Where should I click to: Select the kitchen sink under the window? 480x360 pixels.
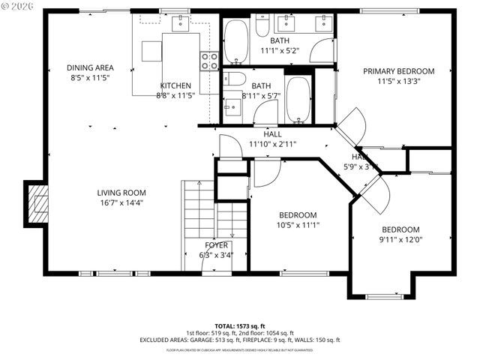[181, 25]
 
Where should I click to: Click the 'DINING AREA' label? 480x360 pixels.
[90, 67]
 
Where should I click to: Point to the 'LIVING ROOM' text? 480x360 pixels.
[121, 192]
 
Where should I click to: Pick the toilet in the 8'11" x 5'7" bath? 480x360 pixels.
[235, 79]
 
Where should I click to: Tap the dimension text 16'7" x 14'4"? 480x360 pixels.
[121, 202]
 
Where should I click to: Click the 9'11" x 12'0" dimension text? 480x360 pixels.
[400, 240]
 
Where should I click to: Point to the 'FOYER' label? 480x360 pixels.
[216, 245]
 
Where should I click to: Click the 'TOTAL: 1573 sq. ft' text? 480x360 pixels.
[239, 325]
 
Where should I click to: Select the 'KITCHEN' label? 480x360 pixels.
[175, 85]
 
